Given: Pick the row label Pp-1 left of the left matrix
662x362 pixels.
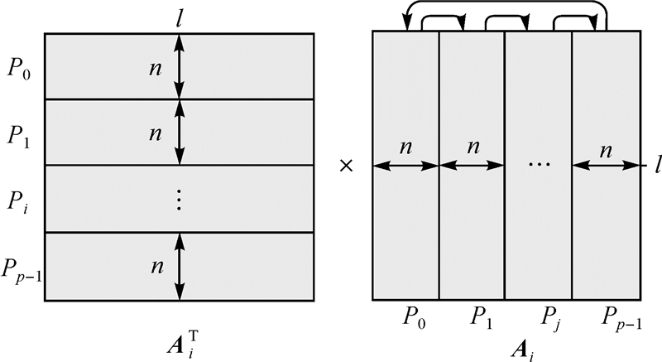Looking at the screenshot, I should coord(24,267).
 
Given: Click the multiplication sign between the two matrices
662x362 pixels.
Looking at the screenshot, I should coord(347,166).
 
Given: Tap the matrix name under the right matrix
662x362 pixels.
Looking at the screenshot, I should coord(506,342).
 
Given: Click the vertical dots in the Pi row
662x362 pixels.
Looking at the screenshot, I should coord(180,200).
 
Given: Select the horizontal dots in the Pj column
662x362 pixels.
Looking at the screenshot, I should coord(539,164).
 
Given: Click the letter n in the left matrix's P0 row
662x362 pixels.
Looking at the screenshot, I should coord(154,67).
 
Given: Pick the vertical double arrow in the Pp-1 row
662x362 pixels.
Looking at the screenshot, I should coord(180,267).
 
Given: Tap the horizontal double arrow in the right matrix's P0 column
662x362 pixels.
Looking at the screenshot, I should coord(405,166).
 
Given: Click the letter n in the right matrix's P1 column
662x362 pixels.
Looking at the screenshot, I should coord(473,147).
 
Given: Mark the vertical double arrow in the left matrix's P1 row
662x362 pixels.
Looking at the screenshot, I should coord(180,133).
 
